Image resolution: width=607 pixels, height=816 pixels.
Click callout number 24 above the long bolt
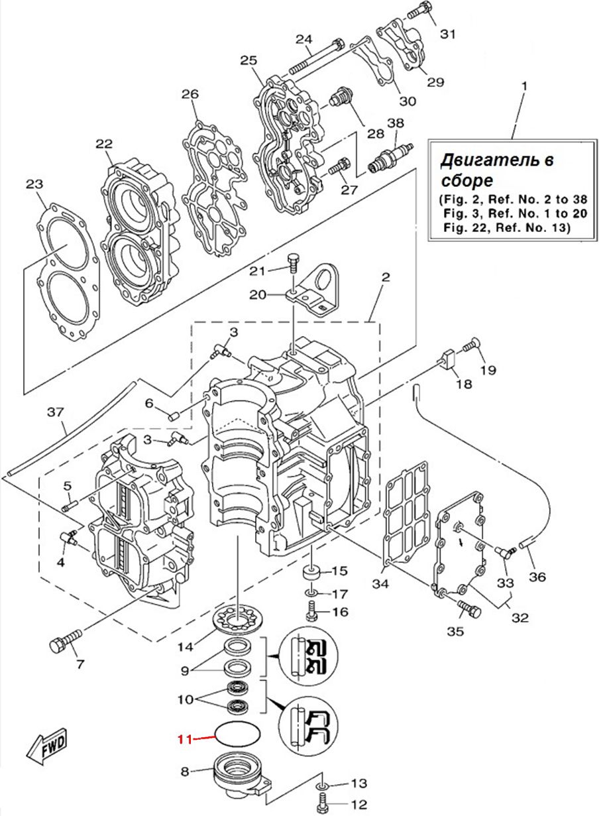[304, 39]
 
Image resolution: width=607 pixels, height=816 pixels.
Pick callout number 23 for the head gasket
[34, 184]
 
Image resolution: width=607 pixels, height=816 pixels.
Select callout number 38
[396, 123]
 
